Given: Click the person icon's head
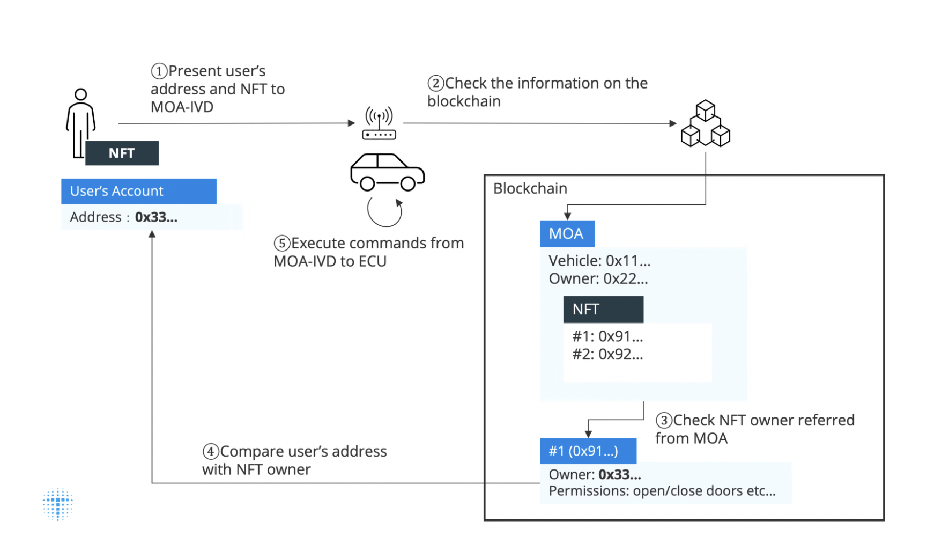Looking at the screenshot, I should pyautogui.click(x=81, y=95).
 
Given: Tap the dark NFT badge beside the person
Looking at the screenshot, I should pyautogui.click(x=122, y=153).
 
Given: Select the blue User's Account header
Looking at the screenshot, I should pyautogui.click(x=139, y=192).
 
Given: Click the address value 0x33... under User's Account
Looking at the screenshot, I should pyautogui.click(x=156, y=217).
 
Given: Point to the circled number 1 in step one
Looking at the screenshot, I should pyautogui.click(x=159, y=71).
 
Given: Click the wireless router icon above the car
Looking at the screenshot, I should pyautogui.click(x=379, y=123).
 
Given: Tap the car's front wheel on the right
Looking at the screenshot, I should pyautogui.click(x=408, y=184).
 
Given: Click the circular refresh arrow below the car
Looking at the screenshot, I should pyautogui.click(x=384, y=212).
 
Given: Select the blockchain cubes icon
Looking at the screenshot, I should pyautogui.click(x=705, y=124).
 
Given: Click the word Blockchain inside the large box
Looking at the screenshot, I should pyautogui.click(x=530, y=189).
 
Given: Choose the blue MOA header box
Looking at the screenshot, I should pyautogui.click(x=567, y=234).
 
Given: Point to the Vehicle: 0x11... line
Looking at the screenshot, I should pyautogui.click(x=599, y=261).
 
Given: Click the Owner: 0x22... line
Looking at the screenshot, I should pyautogui.click(x=598, y=279).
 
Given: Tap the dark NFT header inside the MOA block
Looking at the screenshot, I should pyautogui.click(x=603, y=310).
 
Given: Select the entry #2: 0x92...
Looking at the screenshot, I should pyautogui.click(x=607, y=355).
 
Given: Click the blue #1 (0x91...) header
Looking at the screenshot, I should pyautogui.click(x=588, y=451).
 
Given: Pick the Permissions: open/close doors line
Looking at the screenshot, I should pyautogui.click(x=662, y=491).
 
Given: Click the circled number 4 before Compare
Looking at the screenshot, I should pyautogui.click(x=211, y=452).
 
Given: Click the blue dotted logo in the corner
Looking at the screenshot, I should pyautogui.click(x=58, y=504).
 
